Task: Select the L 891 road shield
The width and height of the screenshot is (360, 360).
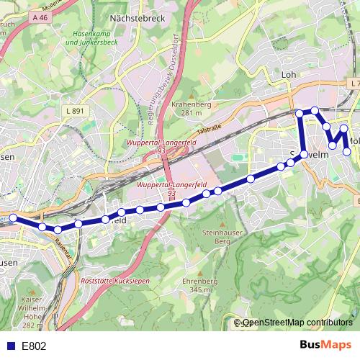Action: (74, 111)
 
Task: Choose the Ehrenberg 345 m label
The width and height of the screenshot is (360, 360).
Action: (200, 285)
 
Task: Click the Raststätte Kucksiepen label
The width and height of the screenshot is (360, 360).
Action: (113, 281)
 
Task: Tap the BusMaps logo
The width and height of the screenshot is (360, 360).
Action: (325, 345)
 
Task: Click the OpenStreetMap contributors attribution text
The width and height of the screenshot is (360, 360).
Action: (297, 323)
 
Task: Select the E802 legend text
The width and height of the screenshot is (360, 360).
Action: (34, 346)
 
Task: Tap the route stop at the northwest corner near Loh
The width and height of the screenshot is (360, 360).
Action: (300, 112)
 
